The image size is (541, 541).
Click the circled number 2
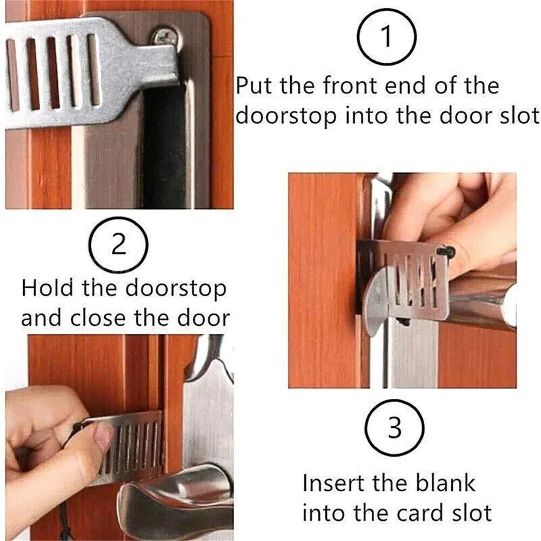pyautogui.click(x=119, y=245)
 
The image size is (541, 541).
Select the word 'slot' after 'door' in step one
pyautogui.click(x=515, y=116)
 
